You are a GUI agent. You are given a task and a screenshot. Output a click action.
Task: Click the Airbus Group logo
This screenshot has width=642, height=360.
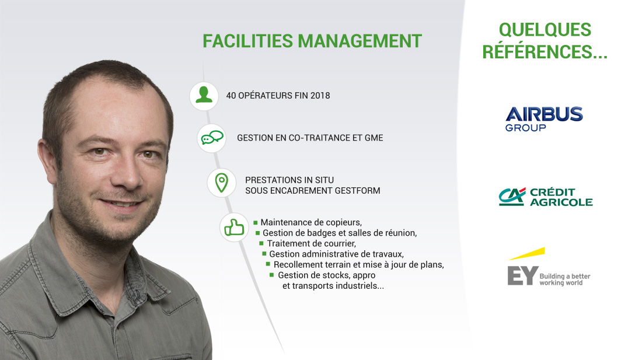coord(544,119)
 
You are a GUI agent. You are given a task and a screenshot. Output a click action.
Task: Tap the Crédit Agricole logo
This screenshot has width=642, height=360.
coord(545,197)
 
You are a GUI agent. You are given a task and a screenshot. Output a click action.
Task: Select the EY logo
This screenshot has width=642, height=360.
coord(548,267)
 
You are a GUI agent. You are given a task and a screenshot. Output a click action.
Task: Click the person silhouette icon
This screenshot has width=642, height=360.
coord(204,95)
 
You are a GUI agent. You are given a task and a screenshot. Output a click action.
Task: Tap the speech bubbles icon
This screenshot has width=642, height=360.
coord(212,138)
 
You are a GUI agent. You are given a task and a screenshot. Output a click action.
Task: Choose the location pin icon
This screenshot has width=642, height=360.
coord(222,183)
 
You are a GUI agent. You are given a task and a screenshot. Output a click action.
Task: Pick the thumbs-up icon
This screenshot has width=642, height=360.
coord(234,228)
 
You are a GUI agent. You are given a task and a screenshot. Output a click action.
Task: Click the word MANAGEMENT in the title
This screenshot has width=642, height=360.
coord(360,41)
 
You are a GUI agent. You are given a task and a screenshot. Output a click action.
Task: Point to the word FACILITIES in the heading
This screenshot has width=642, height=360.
coord(247,41)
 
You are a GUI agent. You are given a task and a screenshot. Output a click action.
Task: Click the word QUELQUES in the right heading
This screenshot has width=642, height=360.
coord(545,30)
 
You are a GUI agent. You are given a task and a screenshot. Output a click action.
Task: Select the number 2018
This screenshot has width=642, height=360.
coord(320,96)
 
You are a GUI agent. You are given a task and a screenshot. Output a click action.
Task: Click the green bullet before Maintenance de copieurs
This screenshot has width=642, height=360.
coord(256,222)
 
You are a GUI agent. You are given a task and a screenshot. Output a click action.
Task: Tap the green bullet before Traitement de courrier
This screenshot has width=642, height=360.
coord(261,243)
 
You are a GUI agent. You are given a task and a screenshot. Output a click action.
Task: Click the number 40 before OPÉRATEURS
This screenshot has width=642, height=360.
coord(231,96)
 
